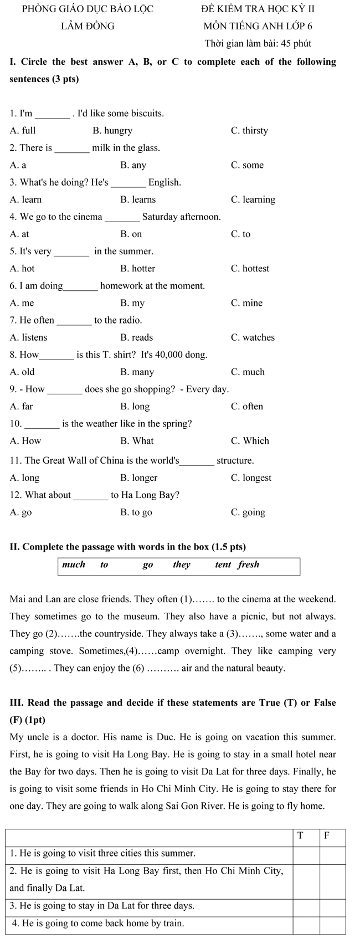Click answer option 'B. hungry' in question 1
112,131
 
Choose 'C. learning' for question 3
253,199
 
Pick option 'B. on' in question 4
131,234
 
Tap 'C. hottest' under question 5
250,269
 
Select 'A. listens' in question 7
29,337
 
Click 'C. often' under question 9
247,407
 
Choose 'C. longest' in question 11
251,478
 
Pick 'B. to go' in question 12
136,512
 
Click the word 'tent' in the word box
223,565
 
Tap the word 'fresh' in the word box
249,565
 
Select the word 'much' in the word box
74,565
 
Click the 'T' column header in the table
301,836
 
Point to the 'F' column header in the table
327,836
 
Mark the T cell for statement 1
306,854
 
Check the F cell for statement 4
333,923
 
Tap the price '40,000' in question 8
176,355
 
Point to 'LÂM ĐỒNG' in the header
88,26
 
